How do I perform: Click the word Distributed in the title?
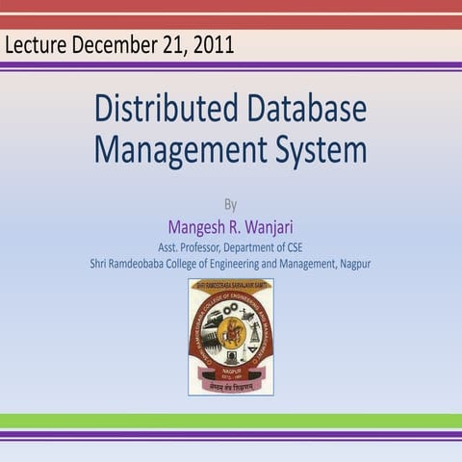[x=161, y=109]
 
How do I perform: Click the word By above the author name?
[x=230, y=204]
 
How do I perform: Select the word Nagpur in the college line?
[x=352, y=263]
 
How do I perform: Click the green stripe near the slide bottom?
[x=231, y=421]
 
